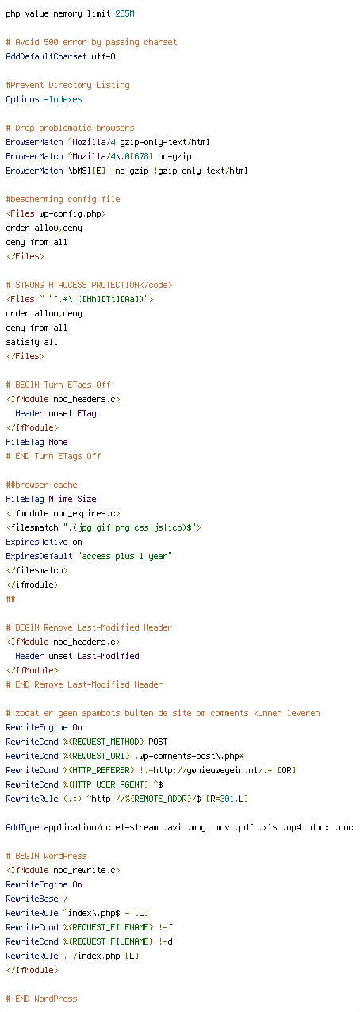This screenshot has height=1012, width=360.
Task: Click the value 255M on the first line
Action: [x=124, y=13]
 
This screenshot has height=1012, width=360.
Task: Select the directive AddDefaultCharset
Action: [x=46, y=56]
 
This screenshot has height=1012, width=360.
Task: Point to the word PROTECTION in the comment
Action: [x=115, y=285]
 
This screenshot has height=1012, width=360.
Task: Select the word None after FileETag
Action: [x=58, y=442]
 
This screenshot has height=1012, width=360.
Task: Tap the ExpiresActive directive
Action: [x=36, y=542]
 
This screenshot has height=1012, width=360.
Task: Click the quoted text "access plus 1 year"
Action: [x=124, y=556]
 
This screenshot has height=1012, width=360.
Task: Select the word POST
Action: [x=158, y=742]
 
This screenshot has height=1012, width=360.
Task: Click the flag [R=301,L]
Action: [x=227, y=799]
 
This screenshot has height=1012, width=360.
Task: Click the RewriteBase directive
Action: [x=32, y=899]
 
